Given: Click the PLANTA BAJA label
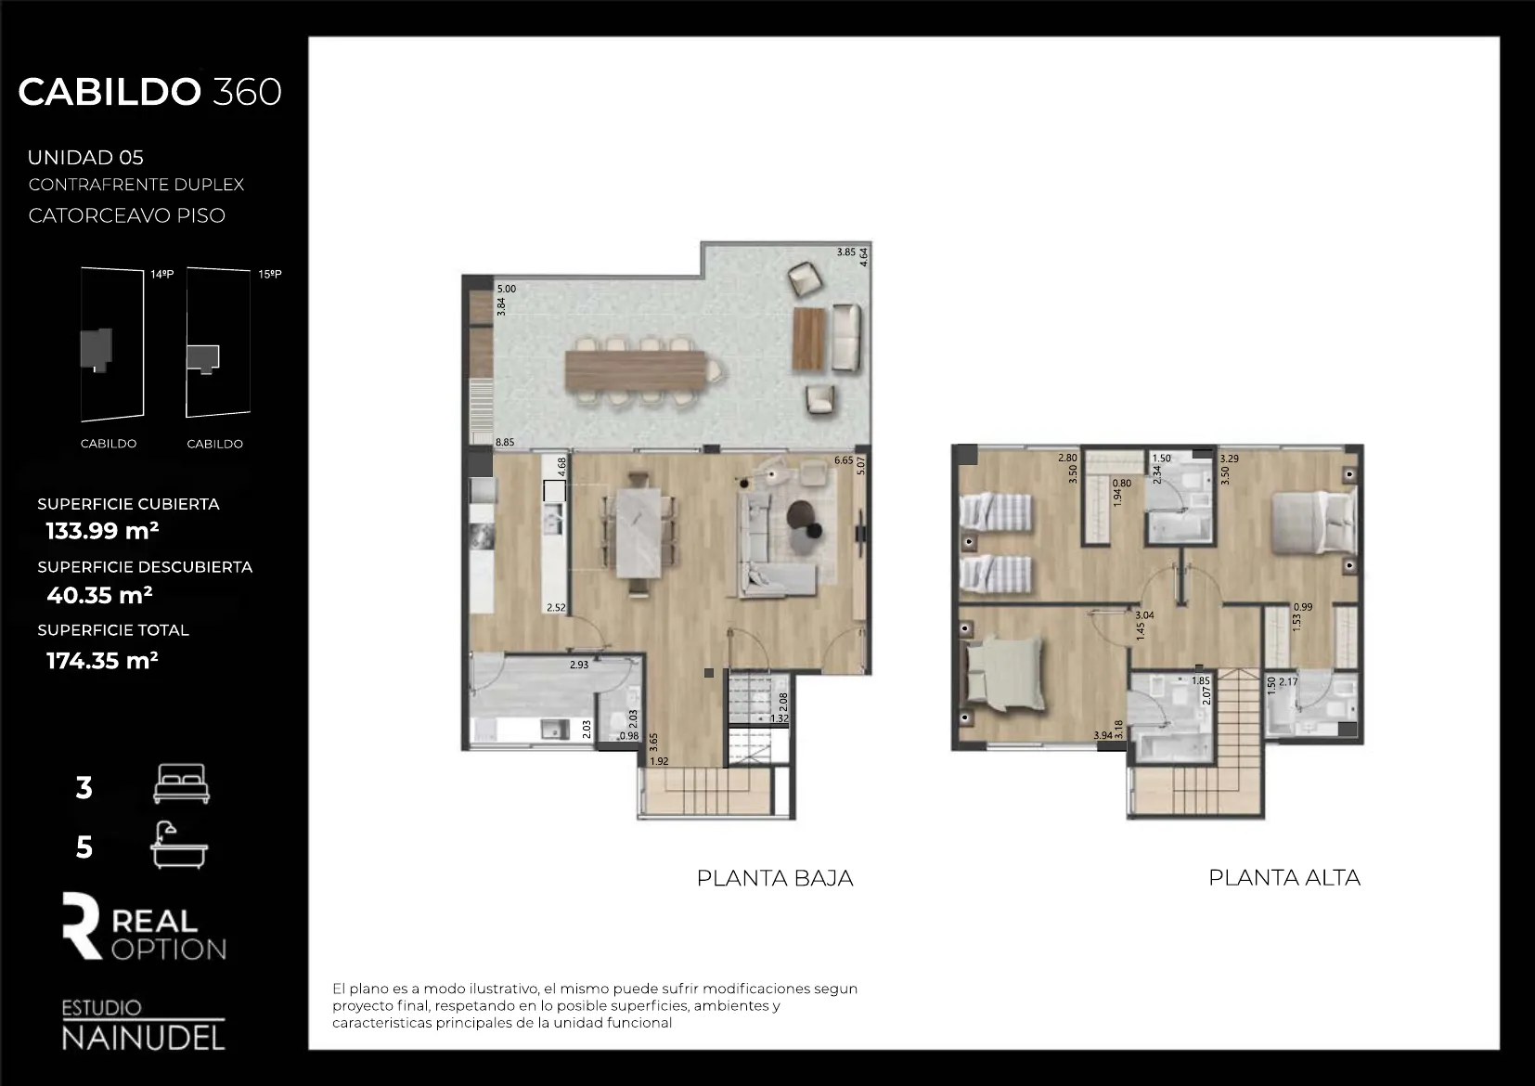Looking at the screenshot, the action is [774, 878].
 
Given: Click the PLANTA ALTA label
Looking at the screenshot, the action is [1284, 878].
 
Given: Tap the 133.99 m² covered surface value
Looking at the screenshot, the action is [102, 531].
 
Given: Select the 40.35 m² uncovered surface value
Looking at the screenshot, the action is [99, 595].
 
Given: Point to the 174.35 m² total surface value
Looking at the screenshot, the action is [102, 661].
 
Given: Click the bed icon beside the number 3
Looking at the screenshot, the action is [181, 783].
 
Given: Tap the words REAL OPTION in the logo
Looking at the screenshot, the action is [167, 935].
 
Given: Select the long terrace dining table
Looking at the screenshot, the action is [635, 370].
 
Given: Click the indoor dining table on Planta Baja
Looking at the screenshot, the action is [639, 533].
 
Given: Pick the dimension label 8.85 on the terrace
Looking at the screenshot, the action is [505, 443].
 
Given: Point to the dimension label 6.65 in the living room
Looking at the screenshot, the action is [844, 460].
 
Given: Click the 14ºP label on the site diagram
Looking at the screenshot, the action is [162, 275].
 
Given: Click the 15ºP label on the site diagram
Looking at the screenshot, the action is [270, 274].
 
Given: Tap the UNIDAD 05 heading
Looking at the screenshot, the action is [85, 158].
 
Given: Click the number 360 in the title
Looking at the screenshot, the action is [247, 92].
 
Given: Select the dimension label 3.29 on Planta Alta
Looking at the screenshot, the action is [1230, 459].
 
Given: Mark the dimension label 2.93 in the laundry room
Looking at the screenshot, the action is [579, 665].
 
